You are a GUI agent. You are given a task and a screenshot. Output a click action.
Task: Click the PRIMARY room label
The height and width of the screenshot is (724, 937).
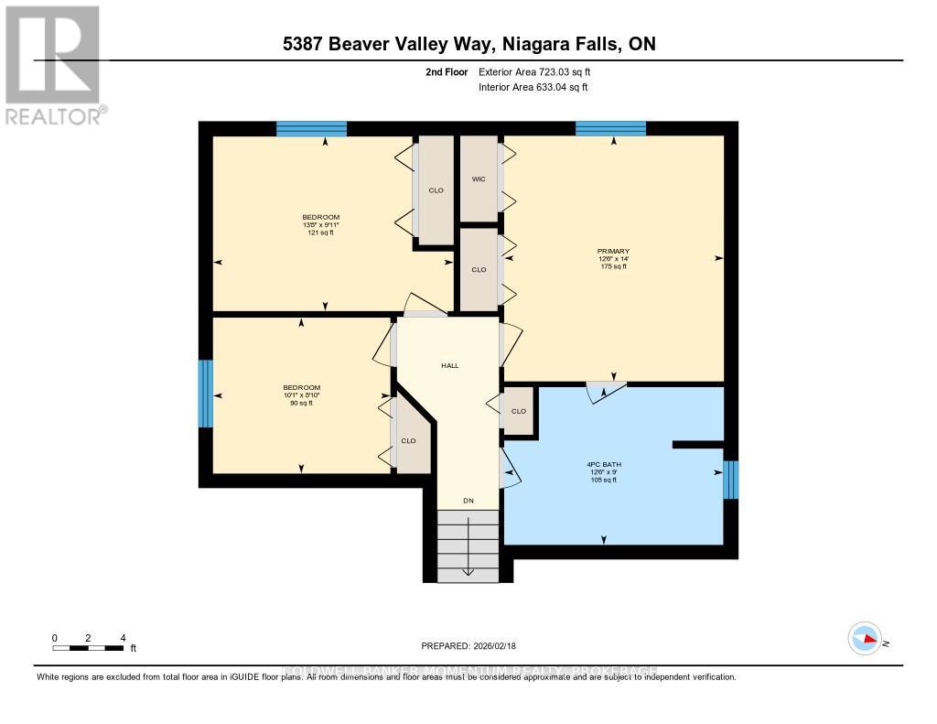click(614, 251)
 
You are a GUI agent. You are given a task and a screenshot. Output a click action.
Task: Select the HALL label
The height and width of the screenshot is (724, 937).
click(449, 365)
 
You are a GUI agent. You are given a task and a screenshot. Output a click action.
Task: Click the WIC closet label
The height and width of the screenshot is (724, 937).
click(478, 179)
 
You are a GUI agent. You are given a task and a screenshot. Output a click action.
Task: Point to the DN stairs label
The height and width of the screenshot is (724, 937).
click(468, 501)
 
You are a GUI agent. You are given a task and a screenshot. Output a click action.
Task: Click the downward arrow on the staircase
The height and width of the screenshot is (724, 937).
click(468, 558)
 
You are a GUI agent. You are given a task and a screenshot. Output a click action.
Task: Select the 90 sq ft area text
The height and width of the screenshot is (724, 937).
click(302, 403)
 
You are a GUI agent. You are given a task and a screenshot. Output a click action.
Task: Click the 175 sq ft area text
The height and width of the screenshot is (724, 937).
click(614, 266)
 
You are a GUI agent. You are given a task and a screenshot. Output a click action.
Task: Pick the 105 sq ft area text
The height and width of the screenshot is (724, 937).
click(604, 480)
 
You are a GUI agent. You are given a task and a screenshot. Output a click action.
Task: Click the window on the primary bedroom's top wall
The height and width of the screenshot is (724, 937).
click(610, 128)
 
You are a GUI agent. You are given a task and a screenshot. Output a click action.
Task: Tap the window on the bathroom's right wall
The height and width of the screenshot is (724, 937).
click(730, 480)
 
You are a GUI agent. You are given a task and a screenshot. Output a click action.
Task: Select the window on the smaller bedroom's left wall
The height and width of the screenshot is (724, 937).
click(206, 394)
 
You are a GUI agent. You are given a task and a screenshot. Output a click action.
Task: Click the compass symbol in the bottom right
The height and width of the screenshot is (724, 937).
click(865, 638)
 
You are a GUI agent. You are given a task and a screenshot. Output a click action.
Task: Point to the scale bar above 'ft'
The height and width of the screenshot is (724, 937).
click(88, 648)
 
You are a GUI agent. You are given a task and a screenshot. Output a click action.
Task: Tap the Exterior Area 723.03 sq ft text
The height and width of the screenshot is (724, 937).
click(541, 71)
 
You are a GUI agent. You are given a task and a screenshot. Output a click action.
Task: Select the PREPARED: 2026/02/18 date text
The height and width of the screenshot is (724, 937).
click(468, 646)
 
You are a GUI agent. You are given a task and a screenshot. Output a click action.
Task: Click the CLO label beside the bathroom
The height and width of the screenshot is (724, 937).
click(519, 411)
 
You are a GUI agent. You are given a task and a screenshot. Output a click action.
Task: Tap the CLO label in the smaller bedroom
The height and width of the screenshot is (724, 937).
click(408, 440)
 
